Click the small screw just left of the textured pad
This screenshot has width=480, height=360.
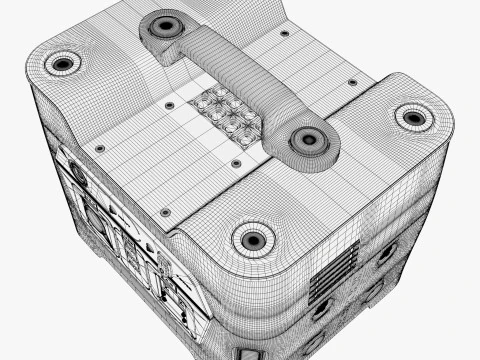169,105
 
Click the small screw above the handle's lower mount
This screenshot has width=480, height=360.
351,82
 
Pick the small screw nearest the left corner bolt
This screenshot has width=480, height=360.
99,149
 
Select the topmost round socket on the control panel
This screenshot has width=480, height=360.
76,171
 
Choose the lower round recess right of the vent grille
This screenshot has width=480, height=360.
373,291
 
